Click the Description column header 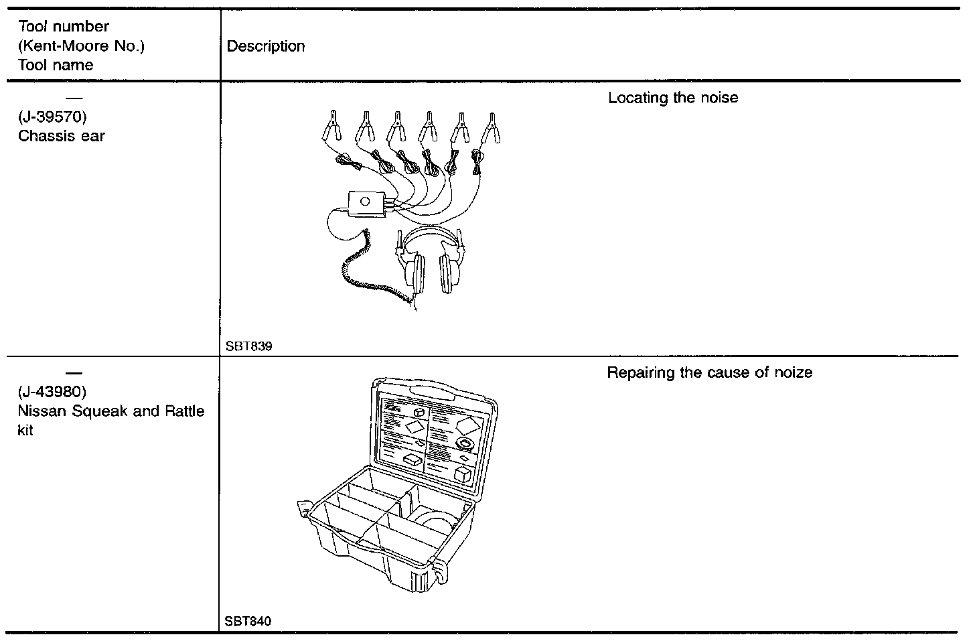coord(266,46)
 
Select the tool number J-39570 coord(52,117)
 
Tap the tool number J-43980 coord(52,391)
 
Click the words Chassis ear coord(62,136)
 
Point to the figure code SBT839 coord(249,346)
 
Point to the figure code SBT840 coord(248,621)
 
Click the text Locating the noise coord(672,98)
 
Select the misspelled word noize coord(792,372)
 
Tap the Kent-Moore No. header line coord(81,46)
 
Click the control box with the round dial coord(366,203)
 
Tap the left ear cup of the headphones coord(416,271)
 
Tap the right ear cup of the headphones coord(449,271)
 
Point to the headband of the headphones coord(431,231)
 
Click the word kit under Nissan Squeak coord(25,430)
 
